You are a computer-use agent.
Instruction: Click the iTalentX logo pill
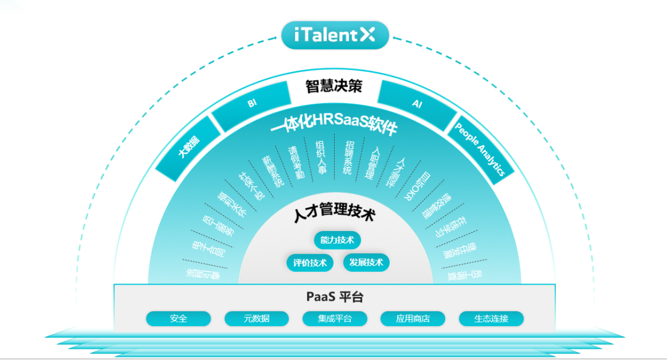click(x=335, y=35)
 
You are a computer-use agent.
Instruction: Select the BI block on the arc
click(x=252, y=104)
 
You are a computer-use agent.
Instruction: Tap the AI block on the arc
click(x=417, y=104)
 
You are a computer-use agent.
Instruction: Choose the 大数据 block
click(x=189, y=149)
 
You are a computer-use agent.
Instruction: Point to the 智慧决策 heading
click(x=334, y=86)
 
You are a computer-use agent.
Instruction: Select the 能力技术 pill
click(x=337, y=240)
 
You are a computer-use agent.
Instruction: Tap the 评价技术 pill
click(x=310, y=262)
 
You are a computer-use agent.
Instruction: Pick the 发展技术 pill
click(x=366, y=262)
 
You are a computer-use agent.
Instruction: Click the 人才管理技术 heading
click(x=334, y=216)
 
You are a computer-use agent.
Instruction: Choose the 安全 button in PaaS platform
click(x=178, y=319)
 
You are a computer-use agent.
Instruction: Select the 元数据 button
click(x=256, y=319)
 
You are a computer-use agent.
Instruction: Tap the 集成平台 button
click(x=335, y=319)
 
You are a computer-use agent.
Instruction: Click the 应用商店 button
click(x=413, y=319)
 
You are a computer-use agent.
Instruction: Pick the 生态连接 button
click(x=491, y=319)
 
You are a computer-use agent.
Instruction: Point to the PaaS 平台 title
click(x=335, y=297)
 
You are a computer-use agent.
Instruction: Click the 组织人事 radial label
click(x=320, y=157)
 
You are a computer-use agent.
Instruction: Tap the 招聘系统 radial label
click(x=349, y=157)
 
